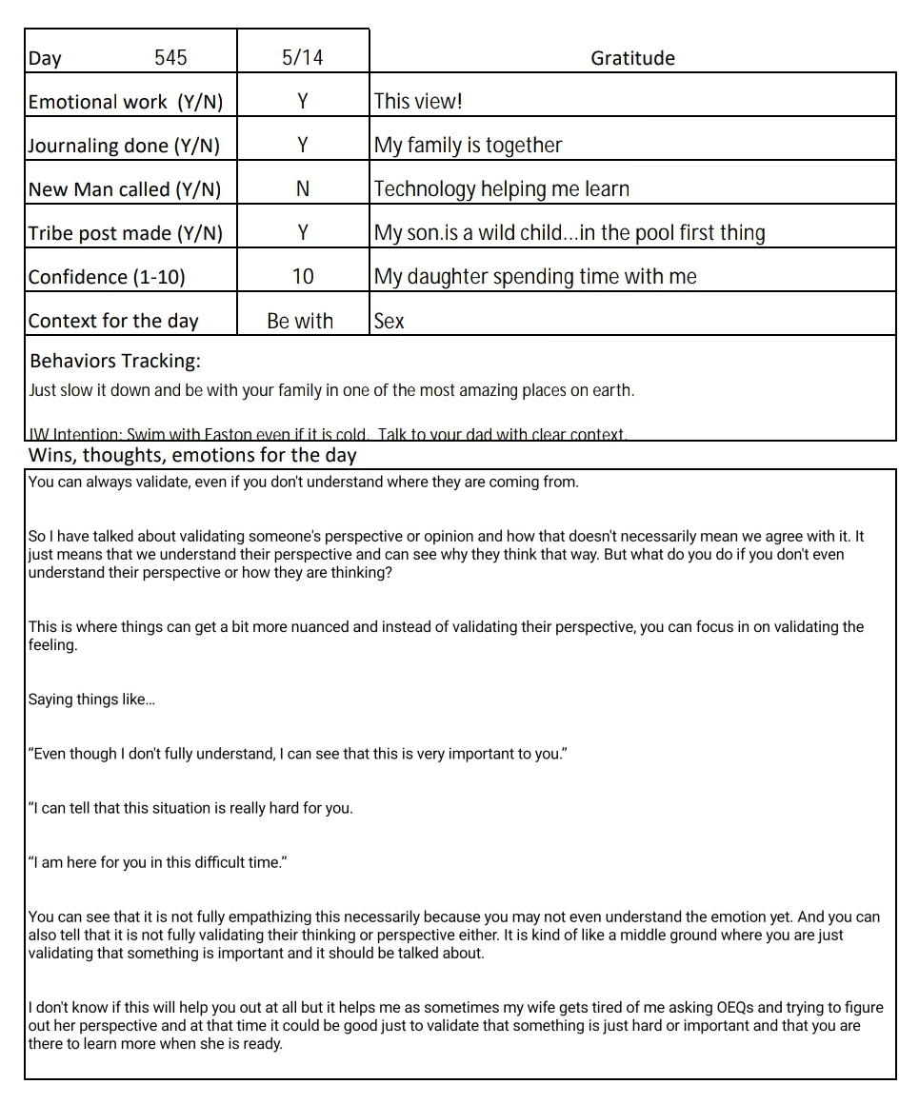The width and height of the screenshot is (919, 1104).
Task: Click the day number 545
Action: click(x=170, y=58)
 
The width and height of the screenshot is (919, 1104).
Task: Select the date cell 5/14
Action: click(x=302, y=58)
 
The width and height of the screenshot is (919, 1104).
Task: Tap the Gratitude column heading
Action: click(x=632, y=58)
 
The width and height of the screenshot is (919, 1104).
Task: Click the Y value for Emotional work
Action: click(x=302, y=102)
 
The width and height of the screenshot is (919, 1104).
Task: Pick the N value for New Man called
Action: click(x=302, y=189)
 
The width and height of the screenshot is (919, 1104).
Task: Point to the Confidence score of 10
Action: click(x=302, y=277)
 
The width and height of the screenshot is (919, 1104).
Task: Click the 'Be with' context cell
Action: click(x=300, y=321)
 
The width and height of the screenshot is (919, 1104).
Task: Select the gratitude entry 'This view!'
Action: click(x=418, y=102)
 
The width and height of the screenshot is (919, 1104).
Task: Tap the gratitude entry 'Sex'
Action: click(x=389, y=321)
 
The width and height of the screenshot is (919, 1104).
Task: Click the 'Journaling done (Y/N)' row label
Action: click(x=124, y=146)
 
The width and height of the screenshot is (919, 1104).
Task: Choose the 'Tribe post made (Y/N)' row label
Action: click(x=127, y=233)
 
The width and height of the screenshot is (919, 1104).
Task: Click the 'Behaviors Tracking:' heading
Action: click(x=115, y=362)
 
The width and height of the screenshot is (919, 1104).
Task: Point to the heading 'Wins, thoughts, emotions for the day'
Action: click(x=192, y=455)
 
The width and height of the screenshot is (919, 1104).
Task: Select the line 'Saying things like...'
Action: click(x=91, y=700)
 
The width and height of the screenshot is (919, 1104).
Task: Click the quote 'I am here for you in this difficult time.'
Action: click(x=158, y=863)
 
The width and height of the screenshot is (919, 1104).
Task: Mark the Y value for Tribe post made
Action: click(x=302, y=233)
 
